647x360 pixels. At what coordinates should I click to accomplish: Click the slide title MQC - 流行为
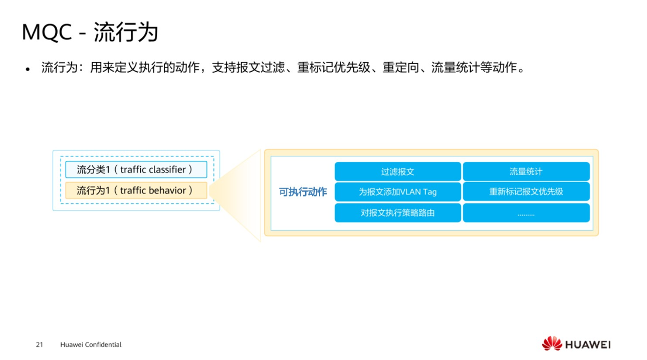pyautogui.click(x=90, y=33)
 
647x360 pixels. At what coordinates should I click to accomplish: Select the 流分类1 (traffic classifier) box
pyautogui.click(x=136, y=170)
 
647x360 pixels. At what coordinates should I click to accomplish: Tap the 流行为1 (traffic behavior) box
pyautogui.click(x=136, y=191)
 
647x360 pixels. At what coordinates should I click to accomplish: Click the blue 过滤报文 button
pyautogui.click(x=397, y=171)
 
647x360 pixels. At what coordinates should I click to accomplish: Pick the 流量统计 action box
pyautogui.click(x=526, y=171)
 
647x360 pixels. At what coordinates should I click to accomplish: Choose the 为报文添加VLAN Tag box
pyautogui.click(x=397, y=192)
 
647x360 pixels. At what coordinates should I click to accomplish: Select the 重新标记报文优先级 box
pyautogui.click(x=526, y=192)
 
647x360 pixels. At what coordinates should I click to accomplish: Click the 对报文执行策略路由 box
pyautogui.click(x=397, y=213)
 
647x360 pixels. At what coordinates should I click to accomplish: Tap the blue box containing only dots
pyautogui.click(x=526, y=213)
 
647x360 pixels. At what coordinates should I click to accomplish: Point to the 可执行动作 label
pyautogui.click(x=303, y=193)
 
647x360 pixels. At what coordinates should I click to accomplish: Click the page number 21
pyautogui.click(x=40, y=345)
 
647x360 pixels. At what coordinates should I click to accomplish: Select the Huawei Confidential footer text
pyautogui.click(x=91, y=345)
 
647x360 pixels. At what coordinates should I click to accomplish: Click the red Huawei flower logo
pyautogui.click(x=552, y=344)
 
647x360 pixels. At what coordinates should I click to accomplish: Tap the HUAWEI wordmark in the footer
pyautogui.click(x=588, y=345)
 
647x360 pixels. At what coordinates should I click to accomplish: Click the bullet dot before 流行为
pyautogui.click(x=28, y=69)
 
